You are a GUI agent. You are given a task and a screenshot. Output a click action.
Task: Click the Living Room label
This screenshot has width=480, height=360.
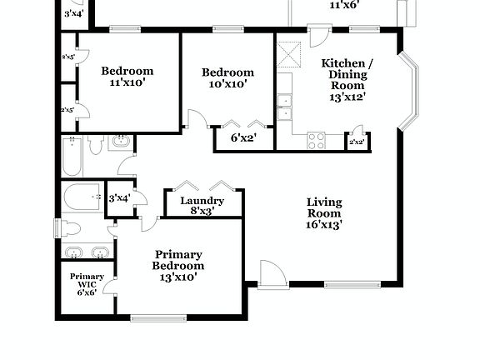tap(324, 212)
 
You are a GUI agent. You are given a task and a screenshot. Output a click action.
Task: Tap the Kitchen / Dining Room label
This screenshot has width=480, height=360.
tap(347, 79)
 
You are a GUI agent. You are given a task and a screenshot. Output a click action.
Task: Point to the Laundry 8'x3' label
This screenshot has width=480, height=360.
tap(202, 206)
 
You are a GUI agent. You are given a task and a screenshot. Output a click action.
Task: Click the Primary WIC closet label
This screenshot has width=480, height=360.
tap(87, 284)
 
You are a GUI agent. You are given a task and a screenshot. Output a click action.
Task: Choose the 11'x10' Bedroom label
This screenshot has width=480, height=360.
tap(127, 77)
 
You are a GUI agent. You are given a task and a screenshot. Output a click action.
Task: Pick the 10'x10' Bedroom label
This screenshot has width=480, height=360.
tap(228, 78)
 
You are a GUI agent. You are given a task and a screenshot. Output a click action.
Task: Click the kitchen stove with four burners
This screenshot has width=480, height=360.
tap(317, 141)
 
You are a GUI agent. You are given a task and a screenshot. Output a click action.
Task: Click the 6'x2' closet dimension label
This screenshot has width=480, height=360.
tap(243, 138)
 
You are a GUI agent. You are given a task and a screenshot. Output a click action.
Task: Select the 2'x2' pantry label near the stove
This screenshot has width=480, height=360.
tap(357, 142)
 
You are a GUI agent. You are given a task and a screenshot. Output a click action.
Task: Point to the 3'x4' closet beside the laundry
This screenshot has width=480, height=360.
tap(120, 197)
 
